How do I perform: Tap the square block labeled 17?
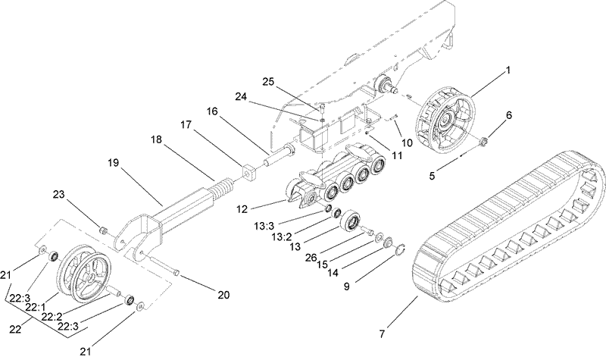tap(248, 173)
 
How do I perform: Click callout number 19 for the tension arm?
tap(114, 161)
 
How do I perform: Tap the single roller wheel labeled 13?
tap(352, 223)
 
